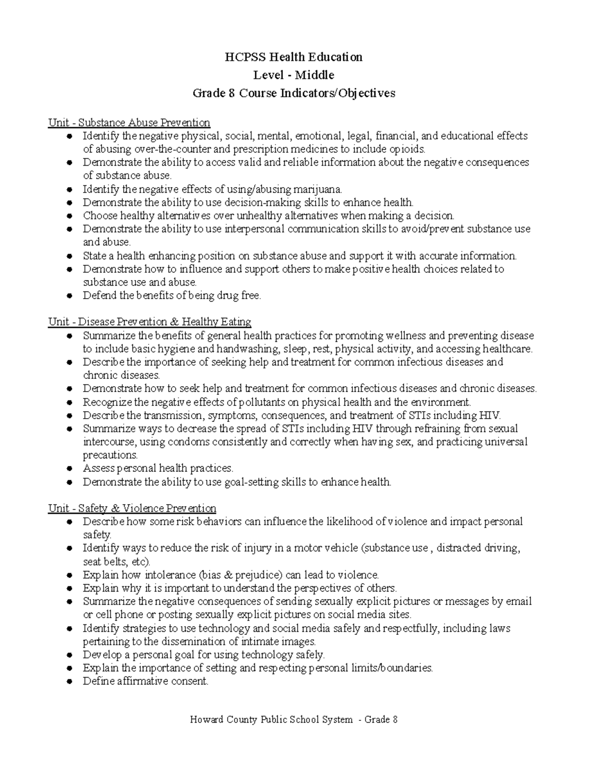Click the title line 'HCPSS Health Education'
click(x=294, y=57)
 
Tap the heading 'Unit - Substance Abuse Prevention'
click(x=129, y=122)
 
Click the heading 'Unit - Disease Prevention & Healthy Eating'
click(x=149, y=322)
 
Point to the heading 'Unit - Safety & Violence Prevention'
click(x=132, y=508)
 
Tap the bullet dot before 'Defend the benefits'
click(x=70, y=296)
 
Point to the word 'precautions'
click(x=110, y=455)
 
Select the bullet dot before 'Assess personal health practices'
click(x=70, y=469)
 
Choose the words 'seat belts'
click(x=103, y=562)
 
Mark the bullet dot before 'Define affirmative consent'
click(x=70, y=681)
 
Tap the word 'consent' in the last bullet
click(x=190, y=681)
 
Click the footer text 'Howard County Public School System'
click(x=271, y=720)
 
